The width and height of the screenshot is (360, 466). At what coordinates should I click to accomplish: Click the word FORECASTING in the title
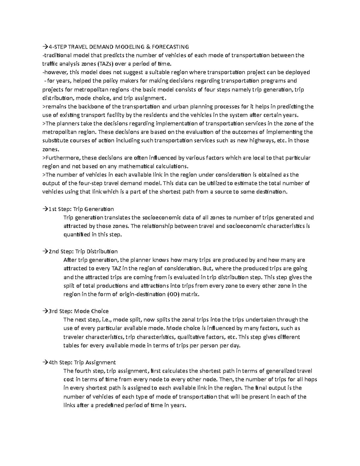coord(170,47)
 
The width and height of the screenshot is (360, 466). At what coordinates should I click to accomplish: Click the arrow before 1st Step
coord(45,209)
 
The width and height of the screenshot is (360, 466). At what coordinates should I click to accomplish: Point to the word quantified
coord(77,235)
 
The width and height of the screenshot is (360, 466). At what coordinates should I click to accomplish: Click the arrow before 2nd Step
coord(45,251)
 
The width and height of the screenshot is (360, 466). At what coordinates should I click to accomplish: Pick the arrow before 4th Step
coord(45,362)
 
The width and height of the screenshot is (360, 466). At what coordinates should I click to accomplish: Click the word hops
coord(311,380)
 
